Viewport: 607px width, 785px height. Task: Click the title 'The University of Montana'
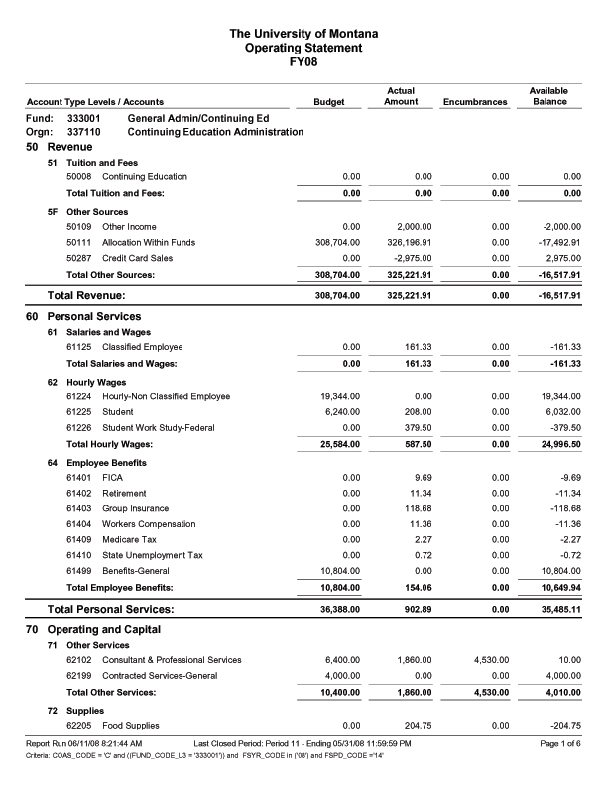[x=303, y=34]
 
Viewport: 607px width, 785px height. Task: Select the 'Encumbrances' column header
[x=475, y=102]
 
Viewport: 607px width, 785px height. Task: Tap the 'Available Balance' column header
[x=548, y=96]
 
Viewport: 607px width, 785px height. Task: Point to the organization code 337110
[x=84, y=132]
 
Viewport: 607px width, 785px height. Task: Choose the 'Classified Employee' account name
[x=145, y=347]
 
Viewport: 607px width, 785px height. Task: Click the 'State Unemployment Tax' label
[x=153, y=556]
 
